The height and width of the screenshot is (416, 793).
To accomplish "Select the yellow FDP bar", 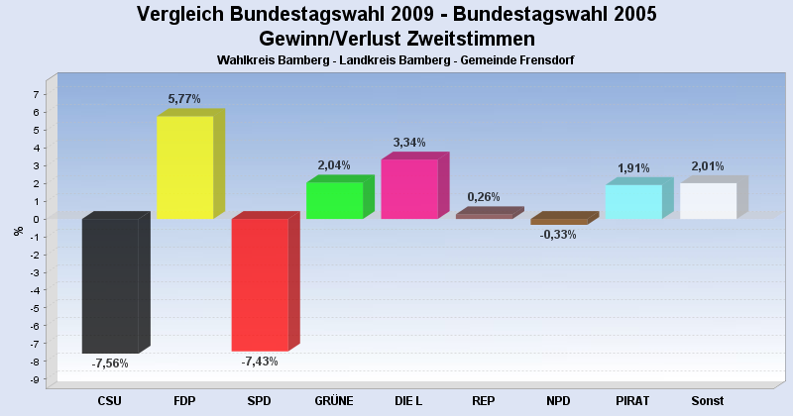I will pos(184,167).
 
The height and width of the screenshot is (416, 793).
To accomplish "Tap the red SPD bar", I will pos(260,284).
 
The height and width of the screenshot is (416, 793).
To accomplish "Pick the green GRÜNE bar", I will pos(334,200).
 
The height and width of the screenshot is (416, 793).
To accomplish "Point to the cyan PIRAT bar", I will pos(633,202).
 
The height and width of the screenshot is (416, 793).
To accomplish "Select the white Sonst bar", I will pos(708,201).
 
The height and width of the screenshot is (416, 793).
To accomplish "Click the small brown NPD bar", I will pos(559,221).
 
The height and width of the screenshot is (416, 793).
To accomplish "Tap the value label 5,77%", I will pos(184,99).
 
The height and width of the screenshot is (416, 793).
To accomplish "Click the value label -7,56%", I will pos(110,364).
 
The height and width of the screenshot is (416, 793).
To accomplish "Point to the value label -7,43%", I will pos(260,362).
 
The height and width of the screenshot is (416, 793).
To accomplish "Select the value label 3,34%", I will pos(408,143).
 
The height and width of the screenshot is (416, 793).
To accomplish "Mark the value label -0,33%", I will pos(559,235).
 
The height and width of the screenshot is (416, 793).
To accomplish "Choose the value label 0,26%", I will pos(484,197).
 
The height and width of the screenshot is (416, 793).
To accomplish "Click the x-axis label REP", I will pos(484,401).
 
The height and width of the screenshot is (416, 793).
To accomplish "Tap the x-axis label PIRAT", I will pos(632,401).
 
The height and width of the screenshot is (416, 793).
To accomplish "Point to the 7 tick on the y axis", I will pos(36,95).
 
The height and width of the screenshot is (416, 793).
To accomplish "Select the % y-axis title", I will pos(18,231).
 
